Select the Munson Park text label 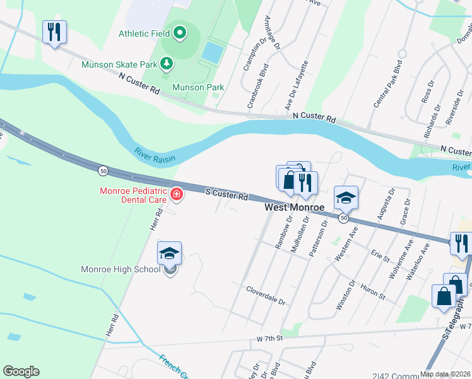click(x=198, y=87)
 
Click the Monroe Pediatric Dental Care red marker click(x=177, y=195)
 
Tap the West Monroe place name click(x=294, y=207)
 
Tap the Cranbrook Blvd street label click(x=258, y=86)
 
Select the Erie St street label click(x=380, y=257)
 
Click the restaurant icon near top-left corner click(x=54, y=31)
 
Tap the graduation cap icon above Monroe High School click(x=169, y=253)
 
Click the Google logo click(x=21, y=371)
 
